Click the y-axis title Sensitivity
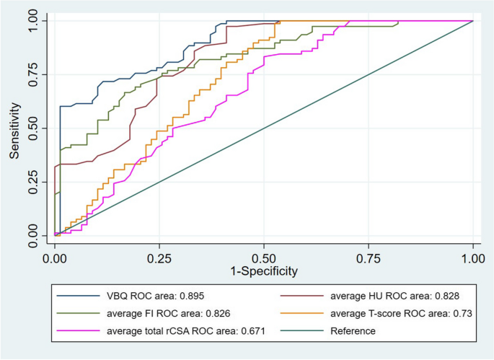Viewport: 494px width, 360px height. [x=14, y=128]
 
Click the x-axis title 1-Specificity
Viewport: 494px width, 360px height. [x=263, y=272]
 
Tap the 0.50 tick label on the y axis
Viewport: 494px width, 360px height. [x=33, y=128]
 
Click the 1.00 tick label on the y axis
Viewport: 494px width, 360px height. [x=33, y=21]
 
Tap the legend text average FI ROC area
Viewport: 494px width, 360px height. [x=165, y=313]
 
